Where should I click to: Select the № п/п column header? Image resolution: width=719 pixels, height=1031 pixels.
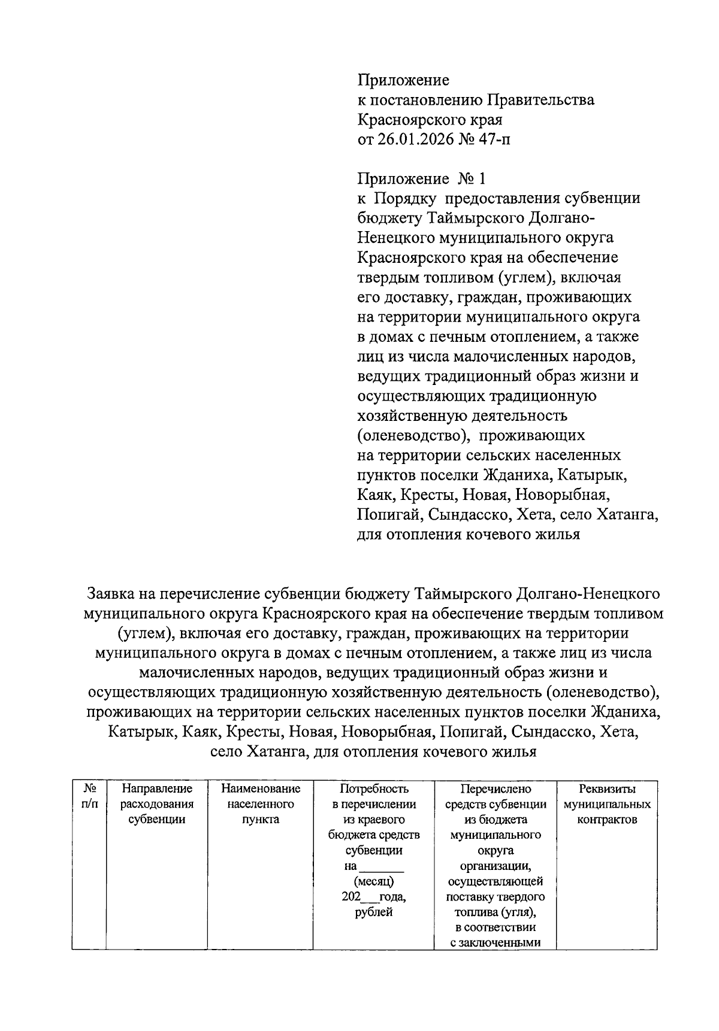[89, 797]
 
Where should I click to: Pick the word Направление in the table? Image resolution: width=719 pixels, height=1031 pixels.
[156, 789]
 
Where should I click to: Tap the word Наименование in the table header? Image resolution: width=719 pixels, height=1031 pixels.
[260, 789]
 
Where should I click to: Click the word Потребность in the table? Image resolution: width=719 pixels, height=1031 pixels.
[374, 789]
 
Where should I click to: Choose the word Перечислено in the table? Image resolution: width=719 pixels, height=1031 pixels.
[496, 789]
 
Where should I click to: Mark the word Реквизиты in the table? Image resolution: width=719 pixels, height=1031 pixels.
[607, 789]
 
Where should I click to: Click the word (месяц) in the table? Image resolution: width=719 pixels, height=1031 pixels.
[374, 882]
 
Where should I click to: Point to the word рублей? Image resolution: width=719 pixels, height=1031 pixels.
[374, 913]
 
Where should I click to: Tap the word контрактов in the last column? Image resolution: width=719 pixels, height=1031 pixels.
[607, 820]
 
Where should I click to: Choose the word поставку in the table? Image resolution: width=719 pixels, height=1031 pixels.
[470, 897]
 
